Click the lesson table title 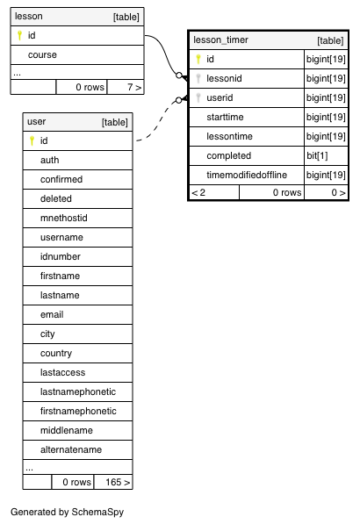pos(29,17)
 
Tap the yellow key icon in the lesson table pos(19,35)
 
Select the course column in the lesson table pos(42,54)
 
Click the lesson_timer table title pos(220,40)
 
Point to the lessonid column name pos(224,78)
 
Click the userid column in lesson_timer pos(220,98)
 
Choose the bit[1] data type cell pos(317,155)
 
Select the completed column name pos(228,155)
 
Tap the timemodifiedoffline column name pos(247,176)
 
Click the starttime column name pos(225,118)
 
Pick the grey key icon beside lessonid pos(198,78)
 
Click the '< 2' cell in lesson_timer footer pos(198,192)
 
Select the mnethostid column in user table pos(64,219)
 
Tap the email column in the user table pos(52,315)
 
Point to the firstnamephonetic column pos(78,412)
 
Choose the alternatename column pos(71,449)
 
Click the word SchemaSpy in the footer pos(97,513)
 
